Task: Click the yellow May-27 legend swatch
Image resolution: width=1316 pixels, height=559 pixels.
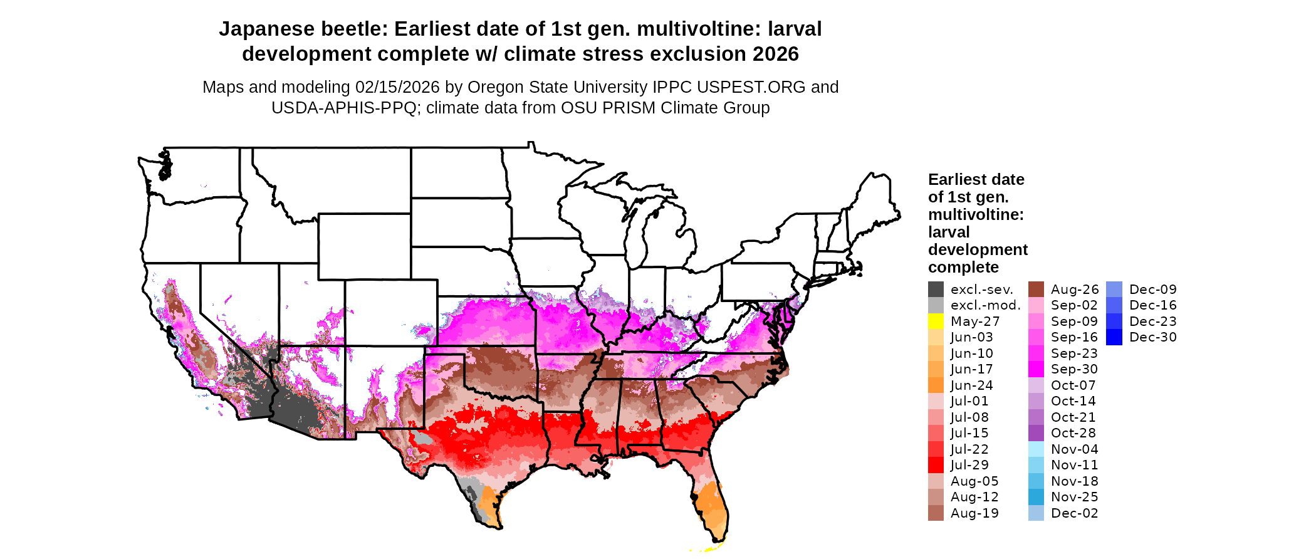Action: point(936,321)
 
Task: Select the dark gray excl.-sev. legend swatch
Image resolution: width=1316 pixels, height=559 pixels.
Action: point(936,290)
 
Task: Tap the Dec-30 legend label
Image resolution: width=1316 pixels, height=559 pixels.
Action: point(1152,337)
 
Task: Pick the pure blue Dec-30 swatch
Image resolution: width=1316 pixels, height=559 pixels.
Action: point(1114,337)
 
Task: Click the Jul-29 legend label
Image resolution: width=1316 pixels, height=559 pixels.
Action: point(969,465)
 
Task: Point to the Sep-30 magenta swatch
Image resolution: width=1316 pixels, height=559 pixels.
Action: point(1036,369)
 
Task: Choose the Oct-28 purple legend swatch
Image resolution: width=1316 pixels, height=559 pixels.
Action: point(1036,433)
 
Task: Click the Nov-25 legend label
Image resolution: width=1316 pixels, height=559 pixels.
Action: point(1074,497)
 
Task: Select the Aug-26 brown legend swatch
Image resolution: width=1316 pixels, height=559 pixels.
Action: point(1036,290)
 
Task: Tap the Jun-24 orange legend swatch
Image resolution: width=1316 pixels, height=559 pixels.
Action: point(936,385)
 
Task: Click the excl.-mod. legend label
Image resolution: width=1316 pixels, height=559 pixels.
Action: point(985,305)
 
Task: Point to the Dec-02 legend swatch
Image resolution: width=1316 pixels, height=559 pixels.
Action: point(1036,513)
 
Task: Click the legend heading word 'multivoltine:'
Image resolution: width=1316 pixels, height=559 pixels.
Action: point(976,215)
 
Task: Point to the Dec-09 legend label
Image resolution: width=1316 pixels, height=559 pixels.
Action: point(1152,290)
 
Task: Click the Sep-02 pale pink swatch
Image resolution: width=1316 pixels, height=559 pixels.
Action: point(1036,305)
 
